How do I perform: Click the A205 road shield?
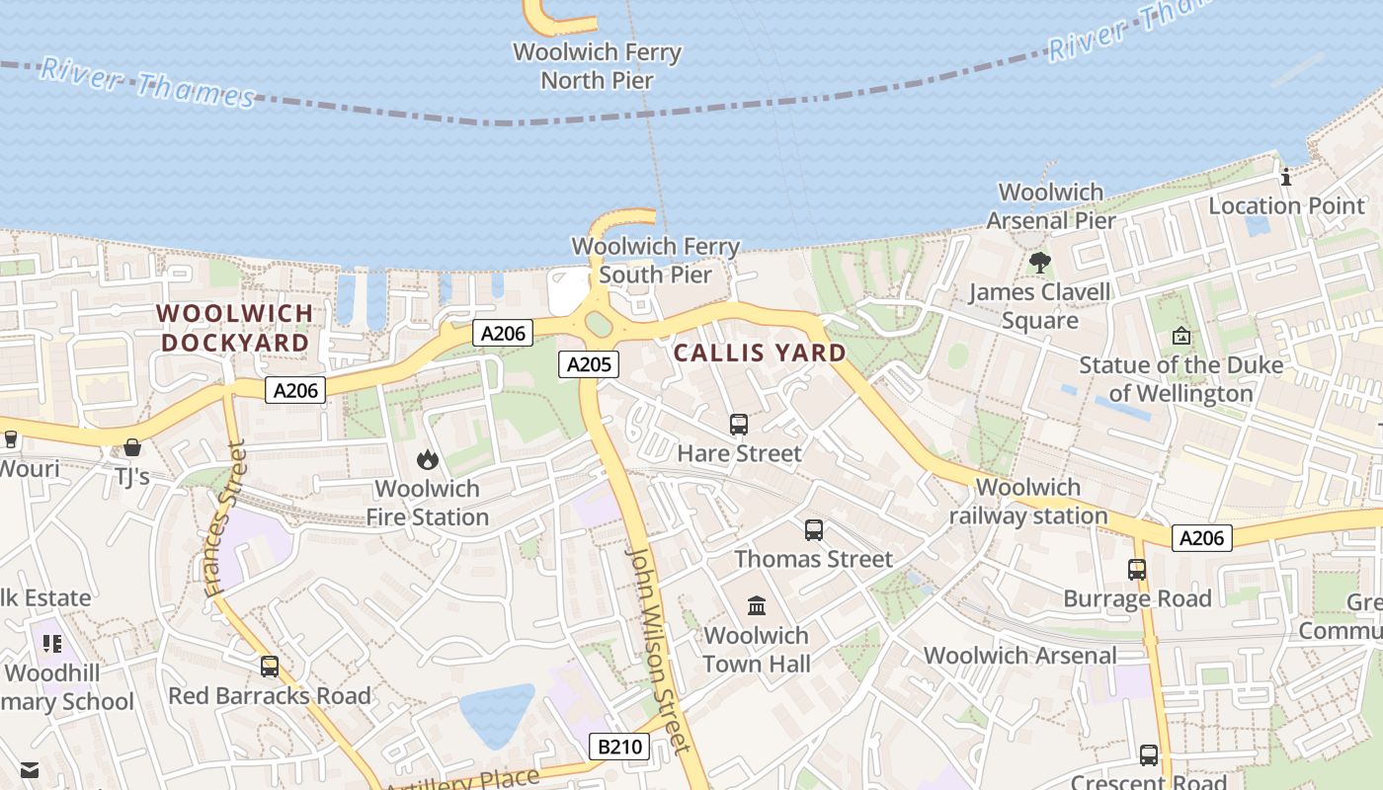(589, 364)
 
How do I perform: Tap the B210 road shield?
(620, 747)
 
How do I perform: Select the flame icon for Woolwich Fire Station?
(427, 459)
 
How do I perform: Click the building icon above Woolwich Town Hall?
(757, 605)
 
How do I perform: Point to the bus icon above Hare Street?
(739, 425)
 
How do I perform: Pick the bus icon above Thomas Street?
(814, 530)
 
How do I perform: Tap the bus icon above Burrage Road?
(1137, 570)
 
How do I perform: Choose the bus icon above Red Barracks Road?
(270, 667)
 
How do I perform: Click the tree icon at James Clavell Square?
(1039, 263)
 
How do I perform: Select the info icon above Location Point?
(1286, 178)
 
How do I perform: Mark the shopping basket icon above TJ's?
(132, 447)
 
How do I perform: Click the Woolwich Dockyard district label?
(235, 328)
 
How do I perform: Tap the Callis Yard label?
(760, 353)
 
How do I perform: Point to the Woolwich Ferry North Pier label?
(597, 66)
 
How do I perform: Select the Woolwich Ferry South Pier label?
(655, 261)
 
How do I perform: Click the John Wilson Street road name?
(655, 650)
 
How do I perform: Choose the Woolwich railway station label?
(1028, 502)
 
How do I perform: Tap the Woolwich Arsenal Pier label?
(1051, 206)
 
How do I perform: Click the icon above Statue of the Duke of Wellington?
(1180, 336)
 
